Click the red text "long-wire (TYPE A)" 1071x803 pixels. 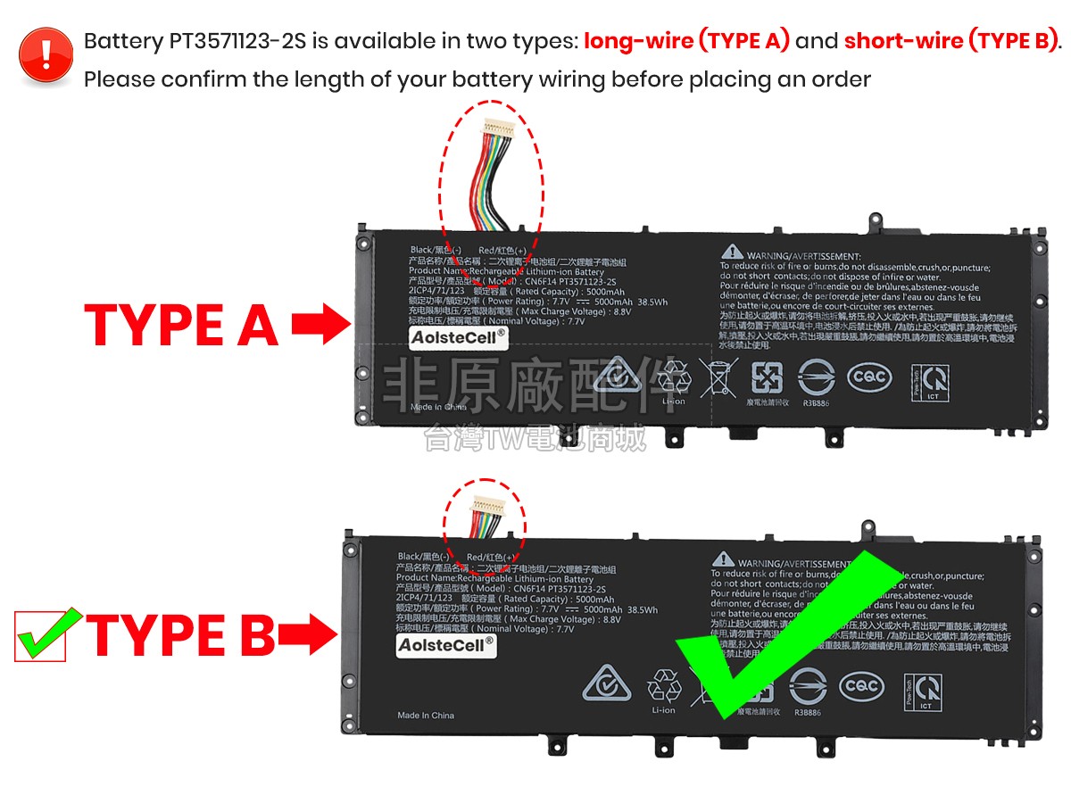[686, 41]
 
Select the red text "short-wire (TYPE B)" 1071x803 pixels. [950, 41]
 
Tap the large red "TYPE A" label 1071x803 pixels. [181, 326]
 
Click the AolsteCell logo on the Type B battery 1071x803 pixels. [446, 645]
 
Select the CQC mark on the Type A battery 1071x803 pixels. [868, 377]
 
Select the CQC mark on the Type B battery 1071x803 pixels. [862, 686]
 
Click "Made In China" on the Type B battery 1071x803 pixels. [426, 716]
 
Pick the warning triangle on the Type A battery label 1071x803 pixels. [732, 253]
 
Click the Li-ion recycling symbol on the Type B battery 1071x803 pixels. [663, 686]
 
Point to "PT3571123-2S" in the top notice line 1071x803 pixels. [249, 41]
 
